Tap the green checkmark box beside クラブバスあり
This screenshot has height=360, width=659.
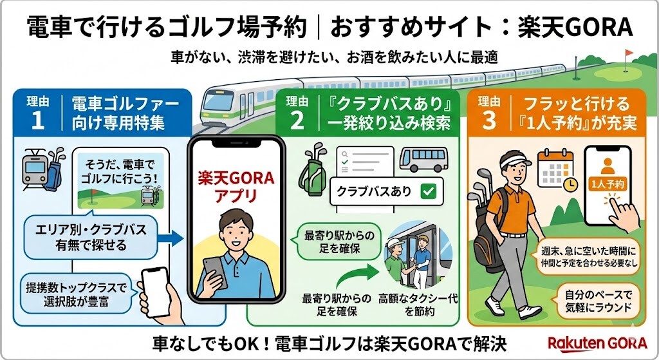(x=427, y=191)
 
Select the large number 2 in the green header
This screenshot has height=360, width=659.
(x=296, y=120)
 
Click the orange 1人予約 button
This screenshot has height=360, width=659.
(x=606, y=184)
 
